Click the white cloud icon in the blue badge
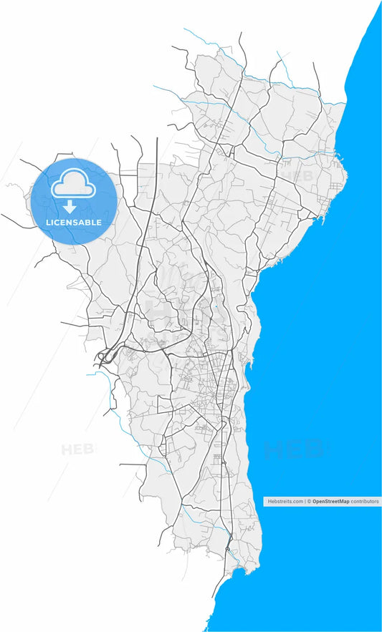[x=72, y=184]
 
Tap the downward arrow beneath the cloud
[x=70, y=208]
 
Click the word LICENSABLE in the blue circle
[x=74, y=223]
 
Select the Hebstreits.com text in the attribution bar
[x=285, y=502]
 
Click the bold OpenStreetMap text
[x=330, y=502]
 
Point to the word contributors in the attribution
[x=365, y=502]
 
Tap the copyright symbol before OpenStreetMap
[x=309, y=502]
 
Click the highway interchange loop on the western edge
[x=105, y=355]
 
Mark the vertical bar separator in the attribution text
[x=305, y=502]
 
